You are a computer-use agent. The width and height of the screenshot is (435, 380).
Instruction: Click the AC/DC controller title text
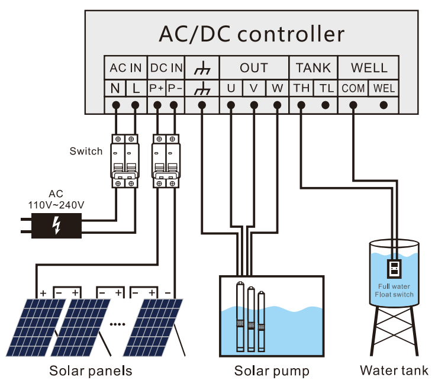251,34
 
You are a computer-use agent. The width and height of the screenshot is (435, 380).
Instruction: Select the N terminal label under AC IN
115,89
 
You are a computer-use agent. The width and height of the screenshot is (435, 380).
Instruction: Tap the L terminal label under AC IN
136,89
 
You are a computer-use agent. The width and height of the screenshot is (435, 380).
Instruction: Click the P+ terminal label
157,89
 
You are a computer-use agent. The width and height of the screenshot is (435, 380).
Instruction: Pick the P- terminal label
175,89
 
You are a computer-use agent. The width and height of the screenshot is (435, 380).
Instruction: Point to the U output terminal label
231,89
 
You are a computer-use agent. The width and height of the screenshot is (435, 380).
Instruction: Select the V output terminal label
254,89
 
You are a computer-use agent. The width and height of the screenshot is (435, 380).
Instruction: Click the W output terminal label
277,89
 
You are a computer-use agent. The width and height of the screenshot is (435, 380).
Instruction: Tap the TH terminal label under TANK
301,89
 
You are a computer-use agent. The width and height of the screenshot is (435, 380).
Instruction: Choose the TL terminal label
326,89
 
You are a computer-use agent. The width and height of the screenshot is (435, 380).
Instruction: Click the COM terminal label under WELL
353,89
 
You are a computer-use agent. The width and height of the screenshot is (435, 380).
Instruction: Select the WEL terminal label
384,89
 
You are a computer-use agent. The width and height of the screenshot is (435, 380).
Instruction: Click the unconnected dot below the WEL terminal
384,105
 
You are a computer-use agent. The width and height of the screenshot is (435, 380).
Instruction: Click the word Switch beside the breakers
86,151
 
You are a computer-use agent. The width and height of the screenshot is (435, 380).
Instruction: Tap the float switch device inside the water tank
394,269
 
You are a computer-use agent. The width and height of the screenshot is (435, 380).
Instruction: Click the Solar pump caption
272,371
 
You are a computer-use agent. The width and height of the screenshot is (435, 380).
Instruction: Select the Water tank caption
394,371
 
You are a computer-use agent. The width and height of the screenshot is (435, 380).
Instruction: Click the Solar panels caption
91,371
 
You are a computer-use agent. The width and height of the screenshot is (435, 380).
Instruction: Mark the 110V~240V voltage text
56,204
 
